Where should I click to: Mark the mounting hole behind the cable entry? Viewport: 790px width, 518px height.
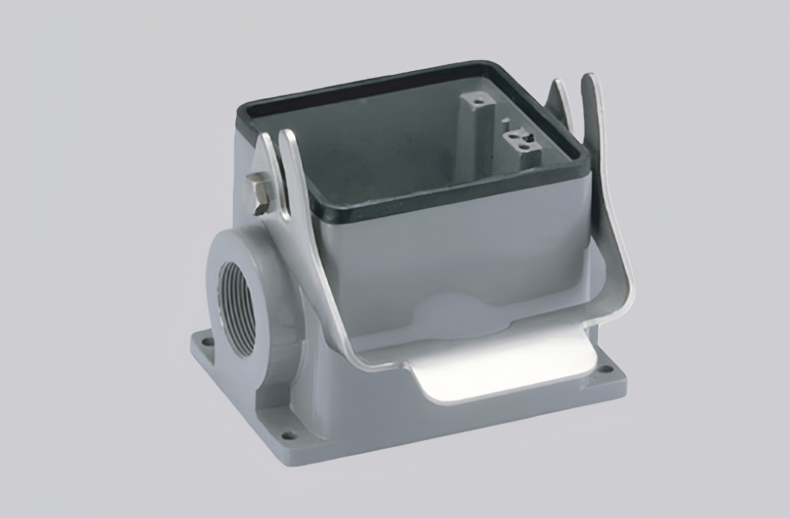tap(207, 343)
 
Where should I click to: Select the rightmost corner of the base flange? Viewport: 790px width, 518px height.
tap(625, 377)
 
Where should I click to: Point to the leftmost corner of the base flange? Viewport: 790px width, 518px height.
tap(191, 341)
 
